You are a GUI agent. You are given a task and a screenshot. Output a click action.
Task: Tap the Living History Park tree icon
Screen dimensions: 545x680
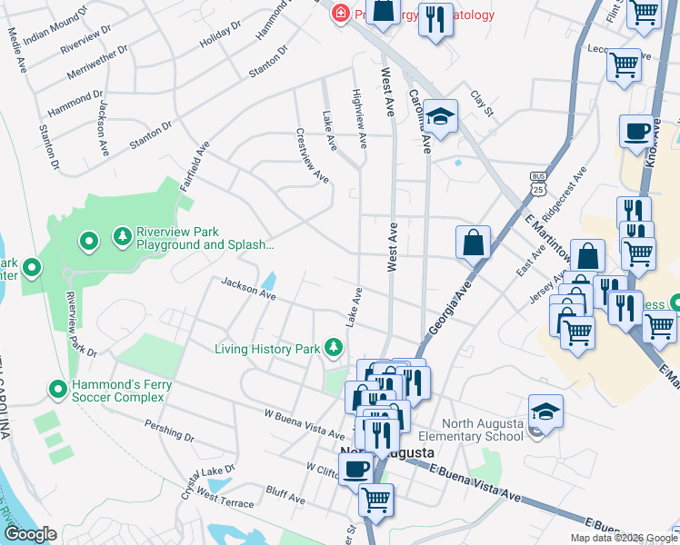335,347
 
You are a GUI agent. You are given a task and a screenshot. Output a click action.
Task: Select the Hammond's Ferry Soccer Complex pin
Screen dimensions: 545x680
57,389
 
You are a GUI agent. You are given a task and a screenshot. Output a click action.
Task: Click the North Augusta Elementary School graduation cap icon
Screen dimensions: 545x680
545,411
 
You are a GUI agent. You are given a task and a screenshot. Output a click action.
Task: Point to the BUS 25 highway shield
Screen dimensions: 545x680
539,184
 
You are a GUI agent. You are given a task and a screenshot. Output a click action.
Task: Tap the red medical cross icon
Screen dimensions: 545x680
340,14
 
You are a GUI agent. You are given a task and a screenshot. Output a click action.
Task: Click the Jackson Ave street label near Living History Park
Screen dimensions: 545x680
248,289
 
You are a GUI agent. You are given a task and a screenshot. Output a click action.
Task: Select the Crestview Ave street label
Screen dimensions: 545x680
312,155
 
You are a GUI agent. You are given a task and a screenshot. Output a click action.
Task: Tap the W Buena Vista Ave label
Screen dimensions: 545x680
304,420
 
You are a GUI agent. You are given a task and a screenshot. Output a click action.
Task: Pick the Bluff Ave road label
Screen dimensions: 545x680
285,496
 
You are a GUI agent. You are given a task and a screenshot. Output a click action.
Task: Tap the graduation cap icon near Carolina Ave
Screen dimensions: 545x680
441,116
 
